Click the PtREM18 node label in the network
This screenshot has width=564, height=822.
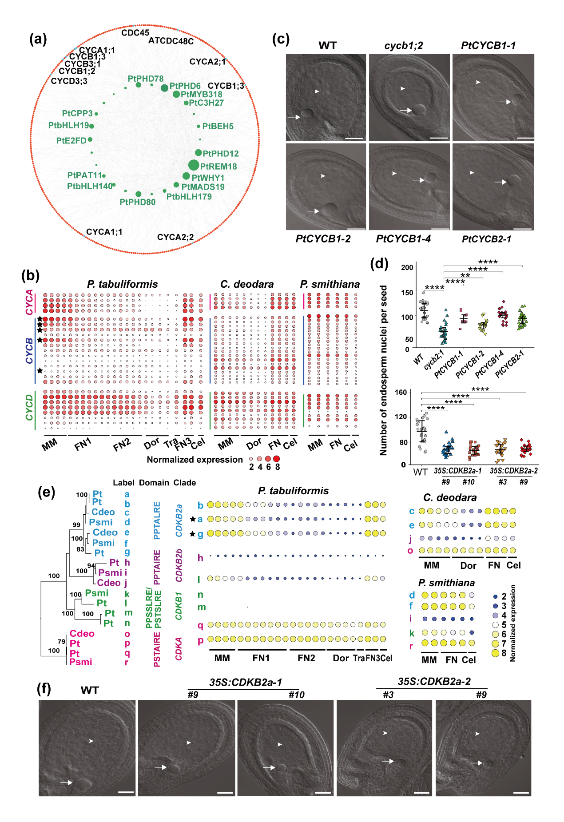218,167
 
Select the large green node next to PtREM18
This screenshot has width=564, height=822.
194,165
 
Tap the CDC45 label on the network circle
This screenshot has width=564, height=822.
135,33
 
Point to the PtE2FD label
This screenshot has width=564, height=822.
71,141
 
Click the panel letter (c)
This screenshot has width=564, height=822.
281,39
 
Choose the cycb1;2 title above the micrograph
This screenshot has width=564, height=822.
404,45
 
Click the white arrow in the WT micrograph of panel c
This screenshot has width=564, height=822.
294,117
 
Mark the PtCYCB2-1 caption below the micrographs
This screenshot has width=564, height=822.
486,239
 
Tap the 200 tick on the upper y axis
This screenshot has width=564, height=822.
407,267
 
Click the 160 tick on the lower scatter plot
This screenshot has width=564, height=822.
401,393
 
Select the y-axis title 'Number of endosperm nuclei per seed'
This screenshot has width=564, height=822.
383,370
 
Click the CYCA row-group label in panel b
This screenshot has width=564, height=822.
30,302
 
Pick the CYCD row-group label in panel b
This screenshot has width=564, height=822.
30,407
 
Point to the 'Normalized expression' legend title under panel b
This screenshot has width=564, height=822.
195,460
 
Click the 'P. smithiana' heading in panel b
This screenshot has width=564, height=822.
330,284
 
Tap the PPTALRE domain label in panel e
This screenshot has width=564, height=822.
157,520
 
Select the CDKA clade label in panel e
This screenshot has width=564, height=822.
179,649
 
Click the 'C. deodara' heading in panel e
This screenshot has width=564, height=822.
450,497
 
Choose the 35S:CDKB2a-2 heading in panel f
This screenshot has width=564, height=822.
434,682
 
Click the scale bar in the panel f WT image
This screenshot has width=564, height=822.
126,792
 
